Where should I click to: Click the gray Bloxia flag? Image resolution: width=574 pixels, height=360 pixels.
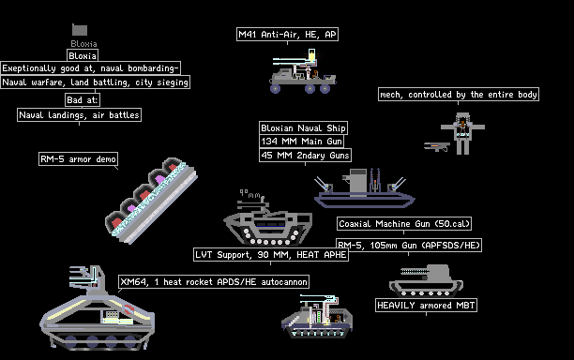coord(80,30)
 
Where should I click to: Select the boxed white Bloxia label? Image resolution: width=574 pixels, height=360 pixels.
coord(83,56)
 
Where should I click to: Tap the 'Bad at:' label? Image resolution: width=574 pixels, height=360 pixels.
coord(83,100)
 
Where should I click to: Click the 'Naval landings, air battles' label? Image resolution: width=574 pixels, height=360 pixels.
coord(79,115)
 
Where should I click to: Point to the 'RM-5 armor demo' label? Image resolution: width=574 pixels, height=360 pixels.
coord(79,159)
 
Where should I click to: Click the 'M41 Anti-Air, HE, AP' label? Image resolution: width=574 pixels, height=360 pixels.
coord(287,35)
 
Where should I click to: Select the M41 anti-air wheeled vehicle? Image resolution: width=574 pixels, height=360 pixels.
coord(302,71)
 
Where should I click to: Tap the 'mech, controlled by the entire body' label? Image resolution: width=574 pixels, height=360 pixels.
coord(459,95)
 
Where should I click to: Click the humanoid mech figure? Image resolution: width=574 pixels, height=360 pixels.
coord(462,133)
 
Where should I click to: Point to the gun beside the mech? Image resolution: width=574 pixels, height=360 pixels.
coord(437,146)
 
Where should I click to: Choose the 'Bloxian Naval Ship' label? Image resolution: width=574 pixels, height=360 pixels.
coord(303,128)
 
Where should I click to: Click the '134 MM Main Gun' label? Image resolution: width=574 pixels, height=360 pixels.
coord(301,142)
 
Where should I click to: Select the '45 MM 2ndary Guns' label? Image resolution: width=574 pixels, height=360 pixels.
coord(306,155)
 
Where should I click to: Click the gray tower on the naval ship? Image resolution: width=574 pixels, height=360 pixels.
coord(357,182)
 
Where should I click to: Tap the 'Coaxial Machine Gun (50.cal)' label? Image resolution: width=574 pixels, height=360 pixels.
coord(404,223)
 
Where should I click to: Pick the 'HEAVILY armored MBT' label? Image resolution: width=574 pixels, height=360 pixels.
coord(426,305)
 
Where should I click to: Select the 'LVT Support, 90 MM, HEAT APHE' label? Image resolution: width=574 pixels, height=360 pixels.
coord(271,255)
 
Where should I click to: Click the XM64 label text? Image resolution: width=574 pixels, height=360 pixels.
coord(214,281)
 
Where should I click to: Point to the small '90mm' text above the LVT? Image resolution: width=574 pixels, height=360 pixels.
coord(250,194)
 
